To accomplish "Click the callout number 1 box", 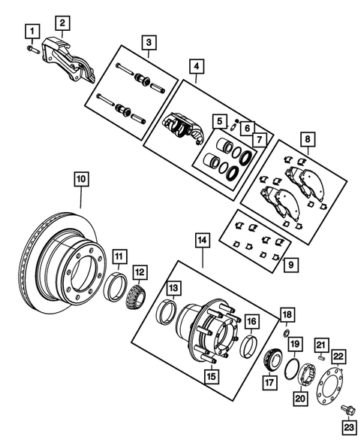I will (32, 31).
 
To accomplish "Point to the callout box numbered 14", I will (203, 241).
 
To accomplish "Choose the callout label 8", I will (305, 140).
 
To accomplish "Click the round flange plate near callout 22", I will (328, 387).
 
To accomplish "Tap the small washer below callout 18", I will (286, 332).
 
